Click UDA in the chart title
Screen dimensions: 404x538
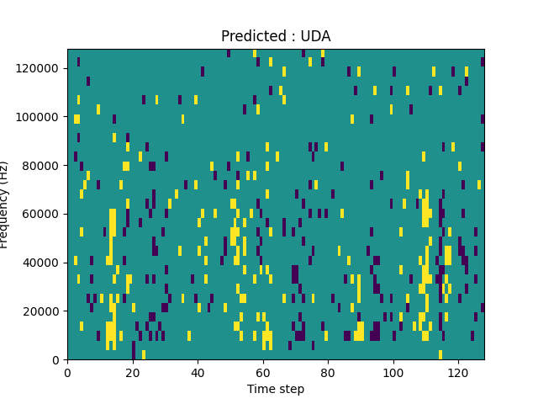coord(316,36)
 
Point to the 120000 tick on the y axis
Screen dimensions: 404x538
coord(40,68)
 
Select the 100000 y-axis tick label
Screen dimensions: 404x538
coord(40,117)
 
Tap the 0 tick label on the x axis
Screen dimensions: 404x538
coord(67,372)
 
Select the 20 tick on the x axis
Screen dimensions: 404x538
coord(133,372)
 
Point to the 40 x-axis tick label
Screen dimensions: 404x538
coord(198,372)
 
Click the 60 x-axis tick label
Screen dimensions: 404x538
coord(263,372)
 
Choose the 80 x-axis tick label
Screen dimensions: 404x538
coord(328,372)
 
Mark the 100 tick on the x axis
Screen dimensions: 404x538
coord(393,372)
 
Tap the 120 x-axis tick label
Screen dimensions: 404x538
coord(458,372)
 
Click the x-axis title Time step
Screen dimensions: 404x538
coord(276,389)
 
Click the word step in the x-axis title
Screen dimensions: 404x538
coord(291,390)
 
